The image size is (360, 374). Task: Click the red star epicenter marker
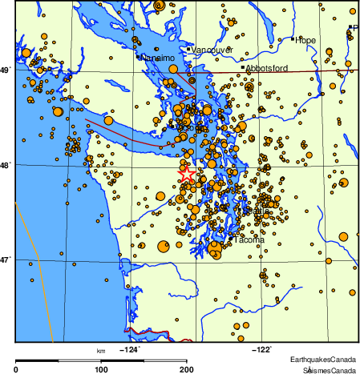click(186, 173)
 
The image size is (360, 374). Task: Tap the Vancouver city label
click(213, 50)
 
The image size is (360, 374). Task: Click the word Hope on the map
click(305, 40)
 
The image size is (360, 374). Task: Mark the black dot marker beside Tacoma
click(232, 238)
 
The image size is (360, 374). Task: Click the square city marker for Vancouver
click(189, 50)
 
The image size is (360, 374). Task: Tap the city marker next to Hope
click(292, 38)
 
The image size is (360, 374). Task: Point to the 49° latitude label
click(6, 70)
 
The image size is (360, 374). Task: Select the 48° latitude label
click(6, 166)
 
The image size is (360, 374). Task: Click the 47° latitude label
click(6, 260)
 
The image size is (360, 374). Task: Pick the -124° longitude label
click(129, 349)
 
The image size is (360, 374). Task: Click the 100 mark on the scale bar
click(102, 369)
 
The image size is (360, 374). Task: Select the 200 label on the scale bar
click(187, 369)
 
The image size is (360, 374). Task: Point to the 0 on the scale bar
click(17, 369)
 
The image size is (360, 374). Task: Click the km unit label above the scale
click(101, 351)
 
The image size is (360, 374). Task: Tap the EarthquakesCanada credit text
click(325, 358)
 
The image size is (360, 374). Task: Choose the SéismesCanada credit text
click(329, 369)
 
